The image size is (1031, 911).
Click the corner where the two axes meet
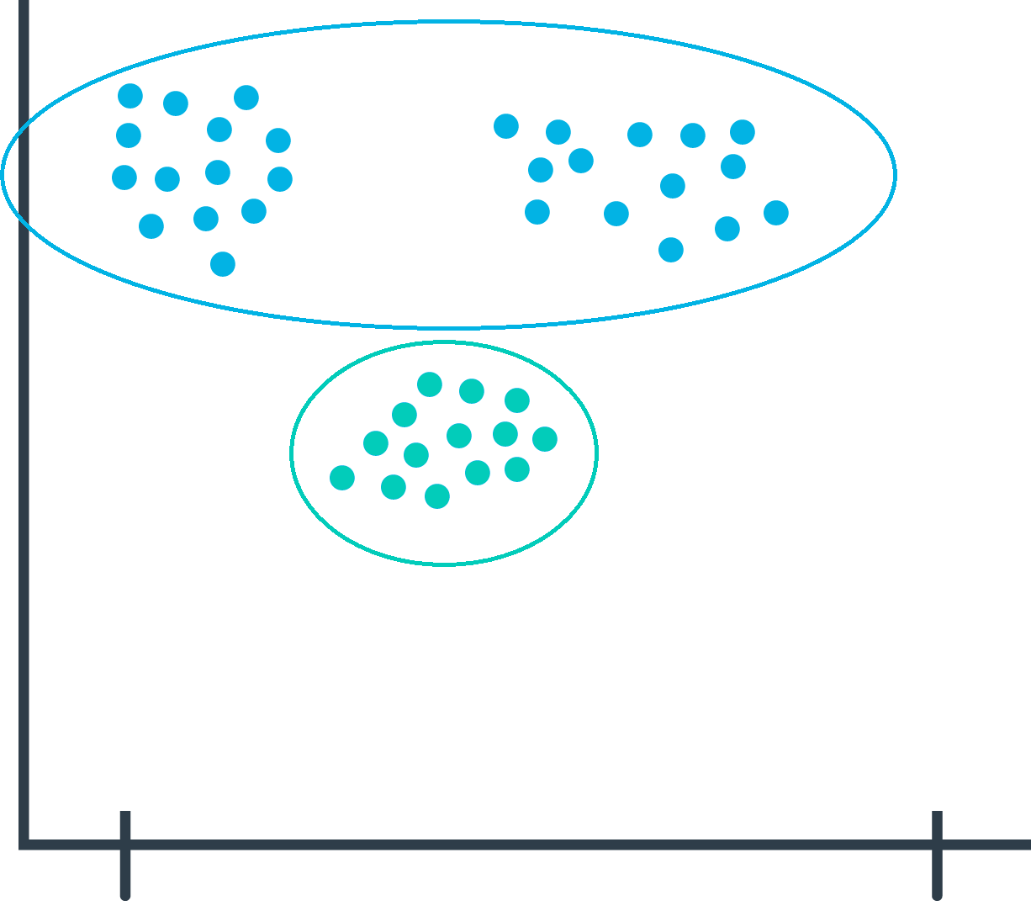tap(24, 844)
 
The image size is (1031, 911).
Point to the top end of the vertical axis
tap(24, 3)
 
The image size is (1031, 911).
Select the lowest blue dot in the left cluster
tap(222, 264)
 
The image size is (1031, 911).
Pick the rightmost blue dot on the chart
tap(776, 213)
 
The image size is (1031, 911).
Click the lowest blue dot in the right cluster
tap(670, 250)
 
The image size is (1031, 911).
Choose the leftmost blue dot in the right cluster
tap(505, 126)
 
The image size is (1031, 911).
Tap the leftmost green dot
tap(342, 478)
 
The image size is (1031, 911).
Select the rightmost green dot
tap(545, 439)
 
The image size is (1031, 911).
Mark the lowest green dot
tap(437, 496)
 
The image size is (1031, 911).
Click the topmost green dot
tap(430, 384)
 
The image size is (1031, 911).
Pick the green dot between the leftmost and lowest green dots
tap(393, 486)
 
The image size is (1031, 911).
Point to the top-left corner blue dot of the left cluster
tap(130, 96)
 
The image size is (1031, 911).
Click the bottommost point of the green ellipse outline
tap(444, 564)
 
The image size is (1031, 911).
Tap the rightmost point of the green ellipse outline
tap(596, 453)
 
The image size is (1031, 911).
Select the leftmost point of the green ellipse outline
tap(292, 453)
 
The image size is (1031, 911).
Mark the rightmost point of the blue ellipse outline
tap(896, 174)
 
